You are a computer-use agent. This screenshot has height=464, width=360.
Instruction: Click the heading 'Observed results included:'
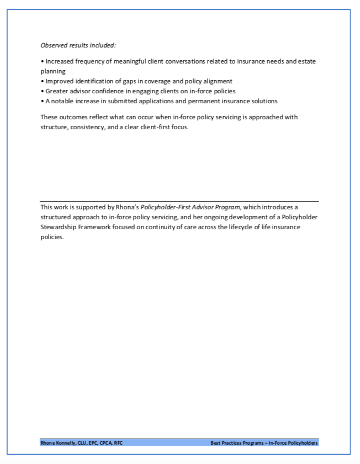(78, 45)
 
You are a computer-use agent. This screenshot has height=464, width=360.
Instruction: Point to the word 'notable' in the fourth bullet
(63, 101)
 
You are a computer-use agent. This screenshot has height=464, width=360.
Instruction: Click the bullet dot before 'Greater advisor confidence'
(43, 91)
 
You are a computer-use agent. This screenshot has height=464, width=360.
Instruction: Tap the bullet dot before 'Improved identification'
(43, 81)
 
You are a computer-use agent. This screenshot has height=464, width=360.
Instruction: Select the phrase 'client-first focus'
(166, 127)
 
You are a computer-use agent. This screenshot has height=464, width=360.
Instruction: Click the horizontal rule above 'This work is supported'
(179, 201)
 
